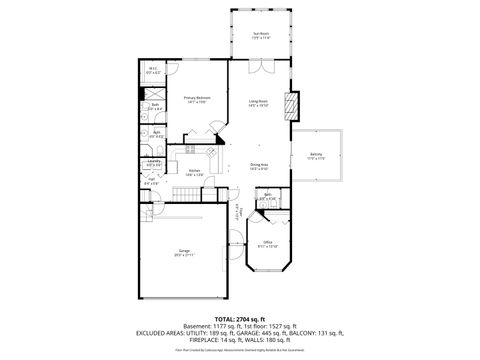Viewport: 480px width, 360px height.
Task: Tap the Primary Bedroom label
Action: tap(196, 98)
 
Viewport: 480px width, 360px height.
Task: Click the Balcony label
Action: tap(316, 156)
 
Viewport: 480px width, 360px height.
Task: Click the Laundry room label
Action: tap(154, 162)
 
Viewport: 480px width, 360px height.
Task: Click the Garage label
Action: tap(185, 252)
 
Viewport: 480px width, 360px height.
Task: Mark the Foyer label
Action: tap(238, 212)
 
